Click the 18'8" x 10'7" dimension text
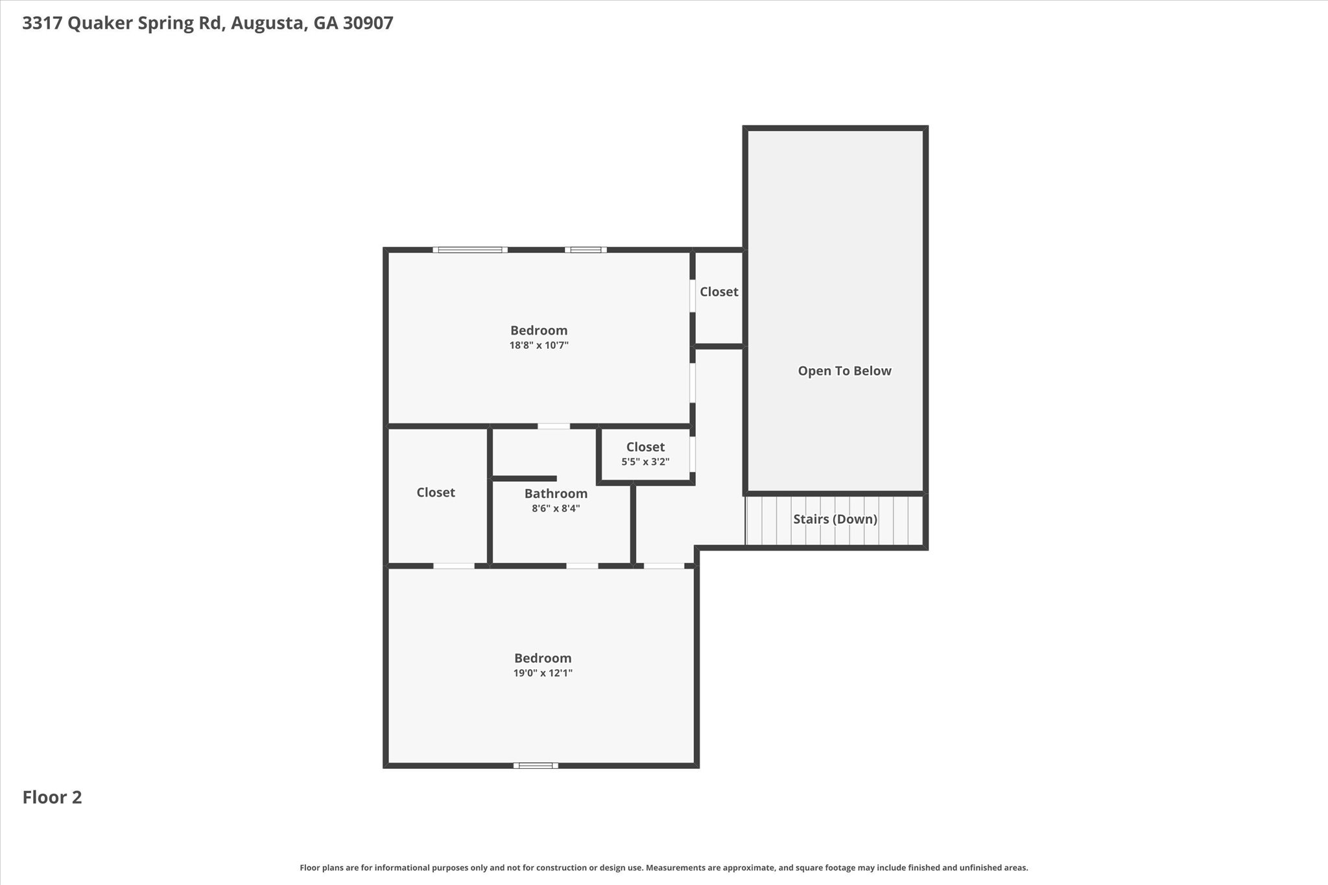539,346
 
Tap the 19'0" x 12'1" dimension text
543,673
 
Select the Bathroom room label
556,493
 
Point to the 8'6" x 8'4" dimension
556,508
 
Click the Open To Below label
844,371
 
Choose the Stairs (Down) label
835,519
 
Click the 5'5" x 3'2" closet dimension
645,462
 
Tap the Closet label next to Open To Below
718,292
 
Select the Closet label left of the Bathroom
436,492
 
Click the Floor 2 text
52,797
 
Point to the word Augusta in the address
268,23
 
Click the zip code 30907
368,23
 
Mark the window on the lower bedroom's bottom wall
536,765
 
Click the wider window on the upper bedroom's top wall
470,250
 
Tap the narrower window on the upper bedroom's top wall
586,250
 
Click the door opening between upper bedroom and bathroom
554,426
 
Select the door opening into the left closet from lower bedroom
454,565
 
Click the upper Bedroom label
539,331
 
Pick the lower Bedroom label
543,658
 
